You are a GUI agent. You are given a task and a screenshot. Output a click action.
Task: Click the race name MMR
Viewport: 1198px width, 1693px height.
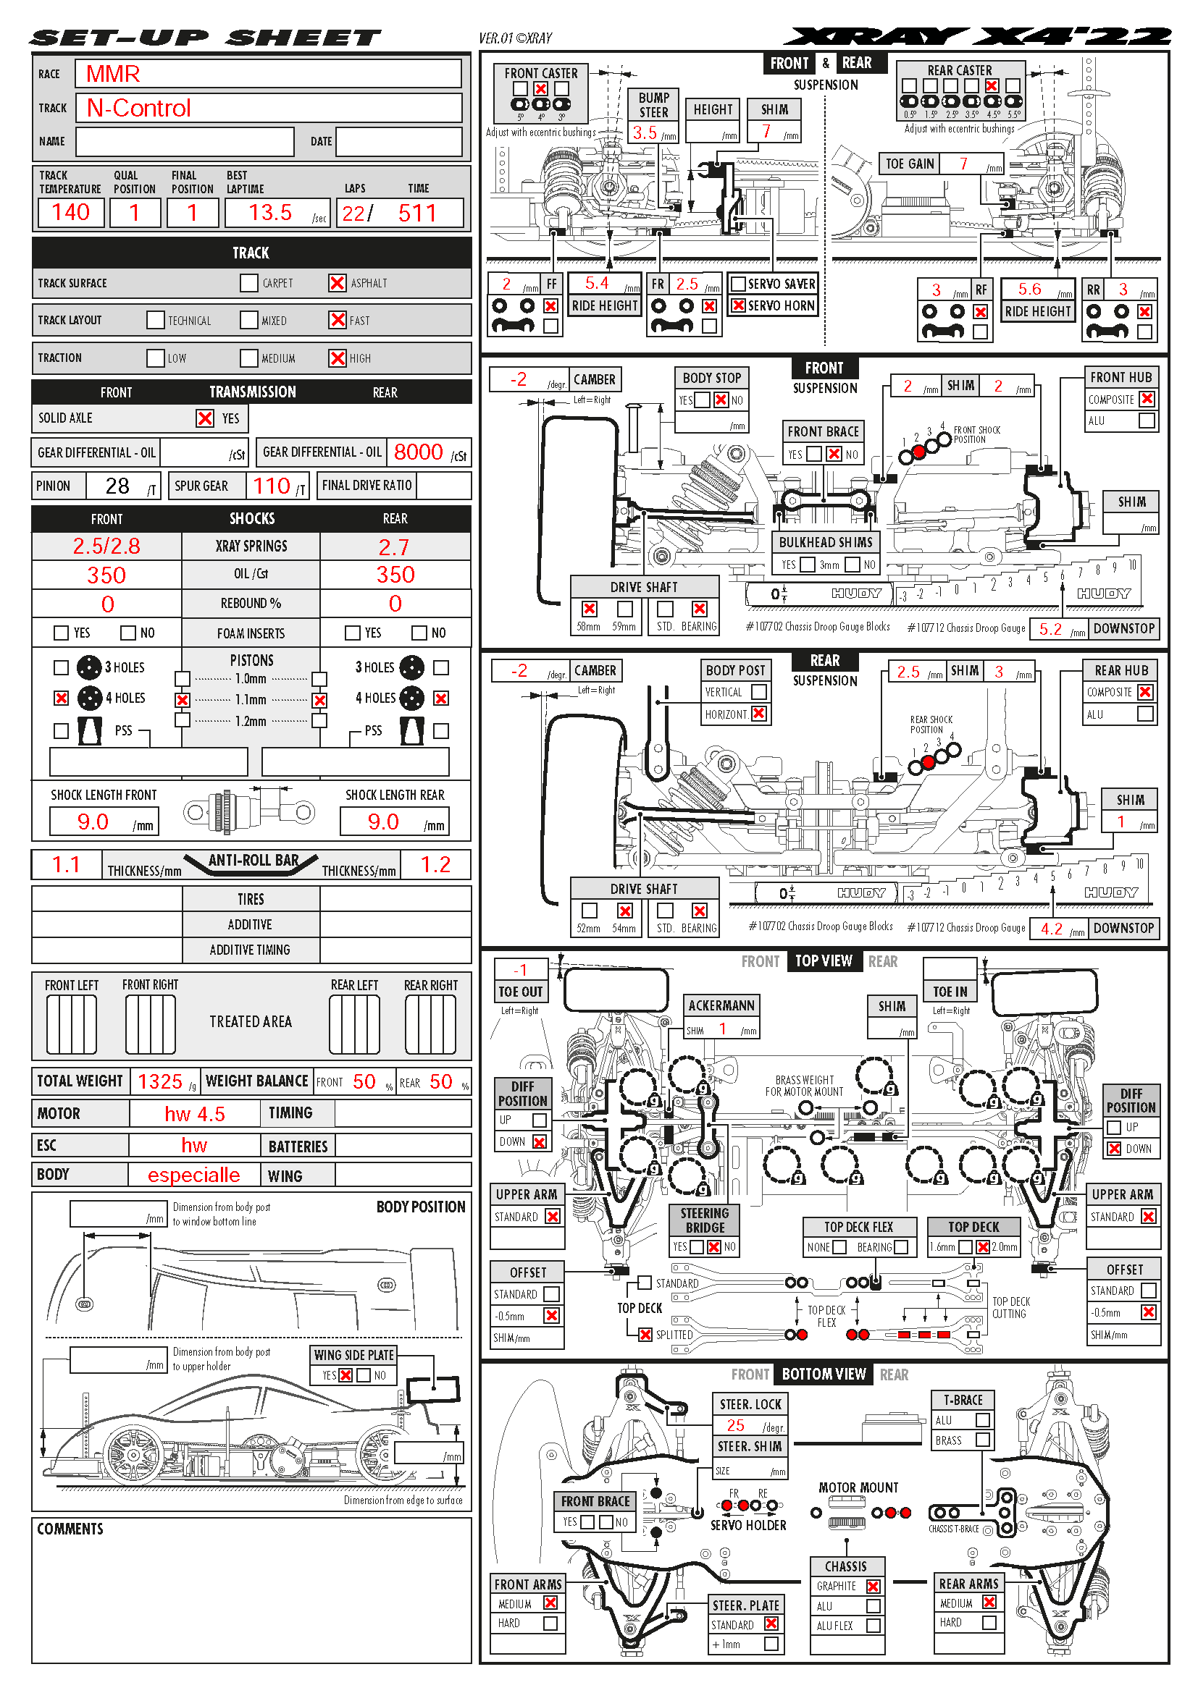(x=113, y=74)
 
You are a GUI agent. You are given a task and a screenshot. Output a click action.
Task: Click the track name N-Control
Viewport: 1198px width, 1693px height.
(x=138, y=109)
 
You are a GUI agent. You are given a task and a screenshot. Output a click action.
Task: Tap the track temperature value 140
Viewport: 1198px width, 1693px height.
(x=71, y=212)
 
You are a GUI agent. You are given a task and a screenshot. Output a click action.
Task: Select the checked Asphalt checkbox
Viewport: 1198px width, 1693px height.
(x=337, y=283)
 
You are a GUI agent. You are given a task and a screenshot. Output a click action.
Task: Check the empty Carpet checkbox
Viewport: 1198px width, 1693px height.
(x=249, y=283)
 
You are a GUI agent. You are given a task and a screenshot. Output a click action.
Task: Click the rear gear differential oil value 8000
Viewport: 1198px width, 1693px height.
(x=418, y=452)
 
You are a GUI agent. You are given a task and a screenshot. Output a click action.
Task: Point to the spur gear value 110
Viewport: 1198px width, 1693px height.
(x=272, y=486)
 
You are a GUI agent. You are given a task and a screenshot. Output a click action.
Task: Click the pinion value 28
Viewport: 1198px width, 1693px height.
(x=117, y=486)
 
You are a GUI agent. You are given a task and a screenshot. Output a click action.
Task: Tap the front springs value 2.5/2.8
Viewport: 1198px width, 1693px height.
(x=106, y=546)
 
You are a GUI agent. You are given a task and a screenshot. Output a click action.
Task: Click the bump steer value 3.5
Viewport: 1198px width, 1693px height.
(x=644, y=132)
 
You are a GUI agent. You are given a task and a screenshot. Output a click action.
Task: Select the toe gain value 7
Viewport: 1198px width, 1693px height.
(x=963, y=164)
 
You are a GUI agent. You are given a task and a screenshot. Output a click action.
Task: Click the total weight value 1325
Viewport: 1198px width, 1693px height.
(x=160, y=1081)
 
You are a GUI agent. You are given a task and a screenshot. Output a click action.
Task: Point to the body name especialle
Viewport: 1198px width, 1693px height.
(x=194, y=1175)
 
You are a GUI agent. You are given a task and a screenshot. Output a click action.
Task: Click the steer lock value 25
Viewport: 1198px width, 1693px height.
(x=735, y=1425)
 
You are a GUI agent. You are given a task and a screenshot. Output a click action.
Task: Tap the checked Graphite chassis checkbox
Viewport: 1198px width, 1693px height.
(x=874, y=1586)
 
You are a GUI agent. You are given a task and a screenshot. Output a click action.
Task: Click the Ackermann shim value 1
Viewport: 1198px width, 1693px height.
(x=723, y=1029)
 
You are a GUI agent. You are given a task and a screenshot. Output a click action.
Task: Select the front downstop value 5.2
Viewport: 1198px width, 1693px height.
(x=1050, y=629)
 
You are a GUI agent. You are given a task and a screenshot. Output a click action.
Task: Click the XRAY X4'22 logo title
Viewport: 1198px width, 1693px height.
(x=976, y=37)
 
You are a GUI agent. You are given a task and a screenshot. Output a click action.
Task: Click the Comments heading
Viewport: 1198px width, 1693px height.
(x=70, y=1529)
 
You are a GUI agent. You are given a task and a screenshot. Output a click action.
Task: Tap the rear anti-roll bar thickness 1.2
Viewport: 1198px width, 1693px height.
(x=435, y=865)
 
